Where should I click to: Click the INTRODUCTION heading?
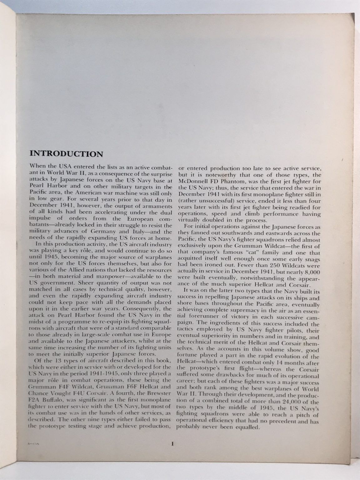tap(66, 154)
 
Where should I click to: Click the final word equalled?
tap(247, 428)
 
